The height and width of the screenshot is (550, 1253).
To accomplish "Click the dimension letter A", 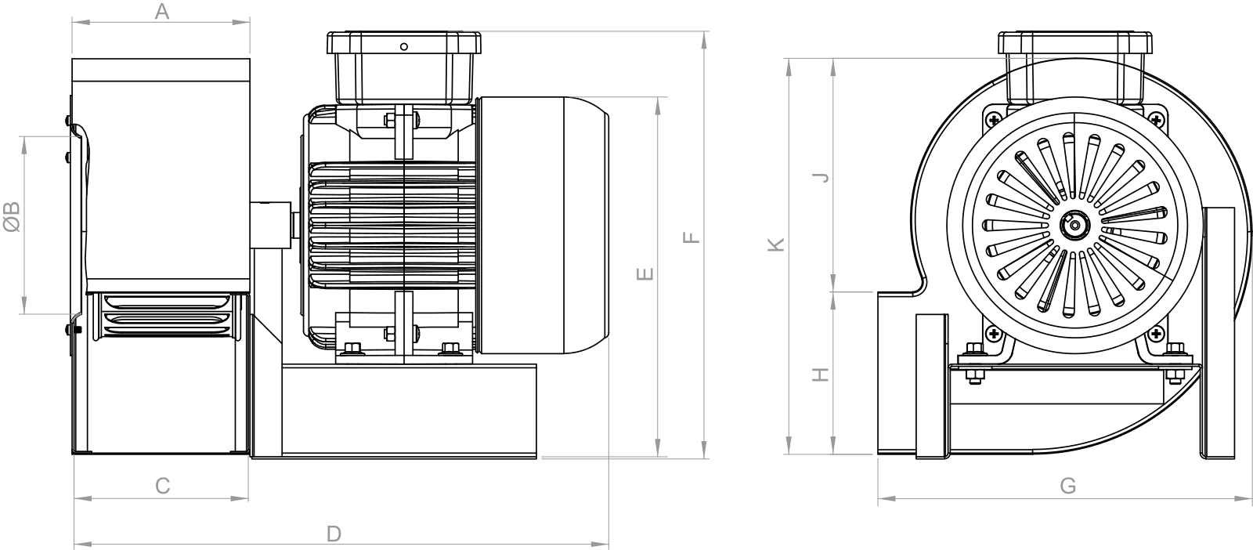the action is pos(161,11).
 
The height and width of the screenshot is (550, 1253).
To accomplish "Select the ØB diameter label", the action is pos(12,216).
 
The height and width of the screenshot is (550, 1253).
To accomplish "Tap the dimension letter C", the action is pos(162,486).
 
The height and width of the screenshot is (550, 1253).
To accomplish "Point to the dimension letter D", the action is pos(334,534).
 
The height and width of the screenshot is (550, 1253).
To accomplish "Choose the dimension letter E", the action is pos(645,273).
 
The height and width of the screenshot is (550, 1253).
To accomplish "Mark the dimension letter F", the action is pos(691,238).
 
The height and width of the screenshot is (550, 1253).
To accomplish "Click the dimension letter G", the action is pos(1068,486).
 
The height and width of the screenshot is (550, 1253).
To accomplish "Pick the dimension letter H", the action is pos(821,375).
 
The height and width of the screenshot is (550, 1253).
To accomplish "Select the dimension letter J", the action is pos(821,177).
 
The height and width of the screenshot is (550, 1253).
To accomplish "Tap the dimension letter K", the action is pos(776,244).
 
